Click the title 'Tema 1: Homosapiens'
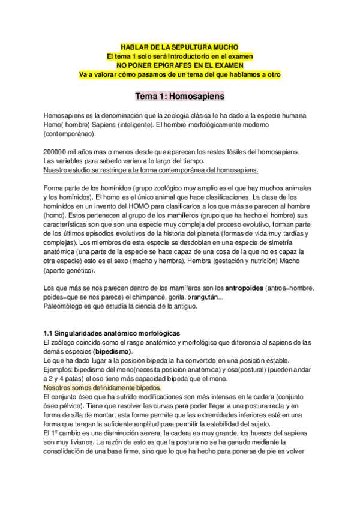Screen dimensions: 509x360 coord(179,95)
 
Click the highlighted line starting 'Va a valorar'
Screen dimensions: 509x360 coord(179,74)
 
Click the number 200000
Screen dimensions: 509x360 coord(58,151)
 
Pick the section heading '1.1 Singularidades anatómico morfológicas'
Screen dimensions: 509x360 coord(112,333)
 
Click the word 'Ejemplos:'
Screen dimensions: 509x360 coord(59,369)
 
